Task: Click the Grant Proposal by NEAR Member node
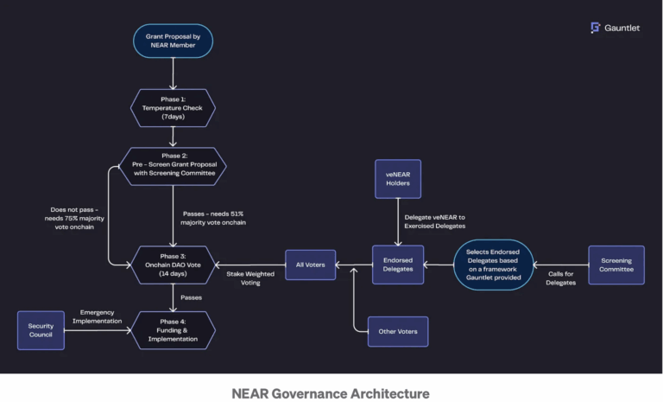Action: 173,41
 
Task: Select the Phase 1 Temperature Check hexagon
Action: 173,108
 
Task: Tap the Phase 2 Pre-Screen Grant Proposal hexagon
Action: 173,166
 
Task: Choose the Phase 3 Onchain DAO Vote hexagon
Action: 173,265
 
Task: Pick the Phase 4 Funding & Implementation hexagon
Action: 173,330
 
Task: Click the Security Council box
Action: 41,330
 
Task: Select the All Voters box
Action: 310,265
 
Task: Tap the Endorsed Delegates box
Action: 397,265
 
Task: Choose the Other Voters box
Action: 397,331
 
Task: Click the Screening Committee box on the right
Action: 616,265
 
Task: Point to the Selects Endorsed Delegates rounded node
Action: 493,265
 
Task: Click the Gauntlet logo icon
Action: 595,28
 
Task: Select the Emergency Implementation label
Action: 98,316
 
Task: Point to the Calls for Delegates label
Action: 560,278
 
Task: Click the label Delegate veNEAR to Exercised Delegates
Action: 434,221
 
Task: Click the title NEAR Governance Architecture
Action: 331,393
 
